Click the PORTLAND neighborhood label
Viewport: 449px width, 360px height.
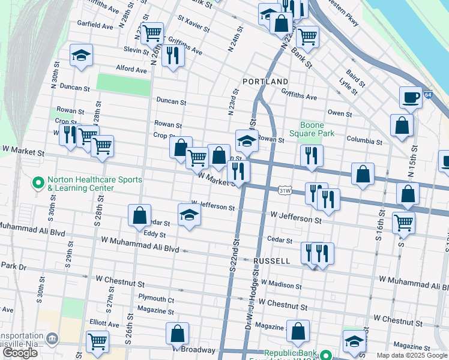coord(265,81)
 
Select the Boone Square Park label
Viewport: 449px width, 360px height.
coord(312,129)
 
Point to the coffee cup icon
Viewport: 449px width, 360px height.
coord(411,97)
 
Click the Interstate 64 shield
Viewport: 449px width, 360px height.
coord(427,95)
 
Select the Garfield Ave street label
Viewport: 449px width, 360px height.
coord(95,26)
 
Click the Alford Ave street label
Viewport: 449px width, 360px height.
coord(131,70)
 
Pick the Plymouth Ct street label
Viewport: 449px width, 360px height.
coord(155,299)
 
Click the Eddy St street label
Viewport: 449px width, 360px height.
coord(154,235)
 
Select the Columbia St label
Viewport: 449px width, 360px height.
coord(364,142)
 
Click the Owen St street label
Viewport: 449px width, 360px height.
coord(339,113)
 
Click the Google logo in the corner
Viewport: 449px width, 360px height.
coord(20,353)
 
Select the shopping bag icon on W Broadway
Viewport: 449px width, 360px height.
coord(177,333)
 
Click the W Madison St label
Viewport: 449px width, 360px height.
coord(282,285)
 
